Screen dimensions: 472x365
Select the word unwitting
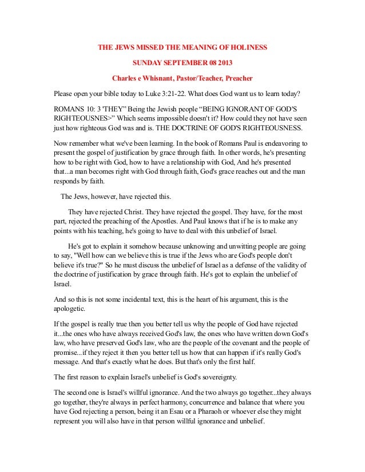click(231, 246)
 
